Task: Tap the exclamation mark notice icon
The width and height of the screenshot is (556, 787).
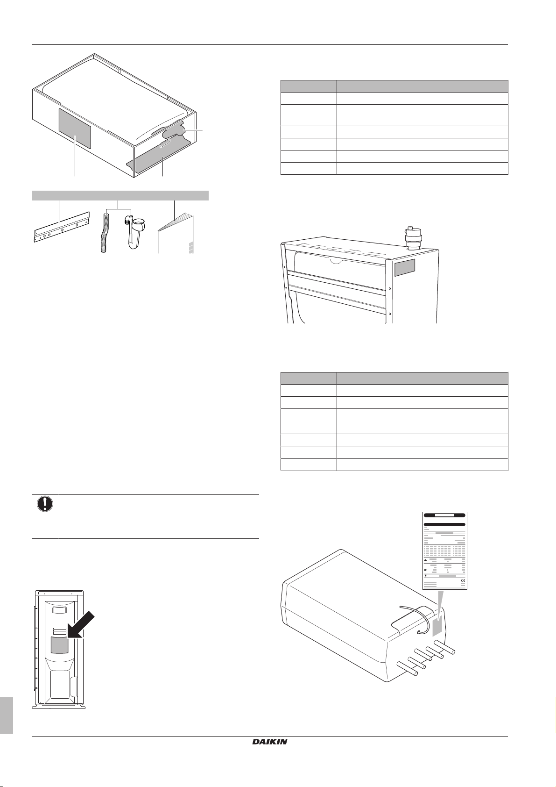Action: [45, 504]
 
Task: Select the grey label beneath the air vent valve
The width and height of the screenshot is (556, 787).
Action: [405, 268]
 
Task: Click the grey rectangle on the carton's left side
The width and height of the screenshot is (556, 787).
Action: [75, 128]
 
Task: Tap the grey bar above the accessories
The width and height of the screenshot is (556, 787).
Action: [120, 195]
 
